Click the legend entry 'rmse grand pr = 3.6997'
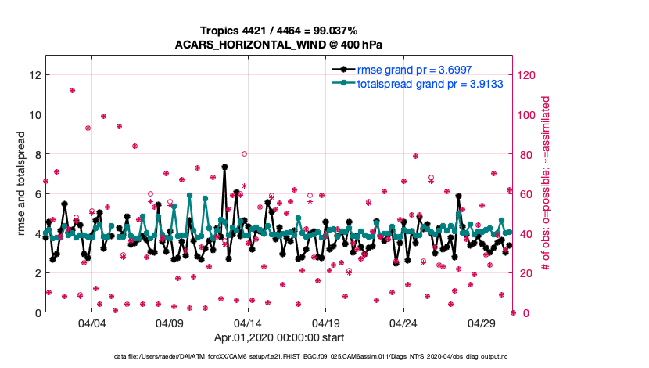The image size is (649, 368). (402, 70)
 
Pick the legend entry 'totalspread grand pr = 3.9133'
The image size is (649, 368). (418, 83)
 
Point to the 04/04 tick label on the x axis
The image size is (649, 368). (91, 323)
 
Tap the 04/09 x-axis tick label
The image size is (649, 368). (170, 323)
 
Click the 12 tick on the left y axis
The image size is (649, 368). (34, 75)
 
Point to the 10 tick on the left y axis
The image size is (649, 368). (34, 114)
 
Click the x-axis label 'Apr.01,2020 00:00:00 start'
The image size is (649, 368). (278, 338)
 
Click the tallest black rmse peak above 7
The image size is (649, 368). (224, 167)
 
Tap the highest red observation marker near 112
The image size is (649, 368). (72, 90)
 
